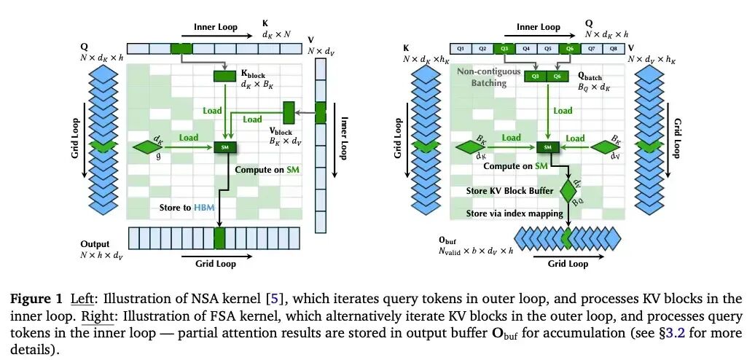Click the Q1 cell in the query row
(461, 48)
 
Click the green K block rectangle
(224, 76)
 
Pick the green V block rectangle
(289, 112)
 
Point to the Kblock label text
(254, 74)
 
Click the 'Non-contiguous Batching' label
(488, 77)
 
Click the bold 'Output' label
(95, 244)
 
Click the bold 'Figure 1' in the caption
(32, 299)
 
